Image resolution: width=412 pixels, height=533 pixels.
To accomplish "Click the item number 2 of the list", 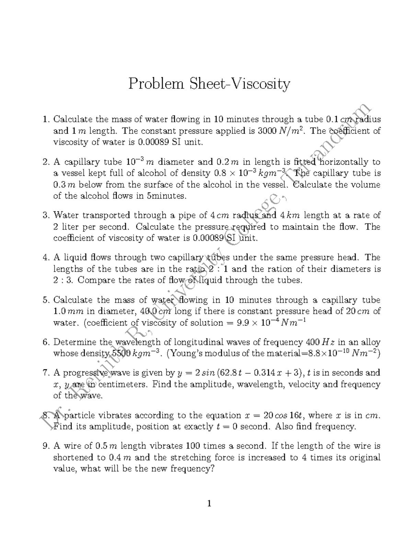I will [x=46, y=162].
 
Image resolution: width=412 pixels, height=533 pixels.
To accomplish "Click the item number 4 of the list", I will [x=46, y=258].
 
